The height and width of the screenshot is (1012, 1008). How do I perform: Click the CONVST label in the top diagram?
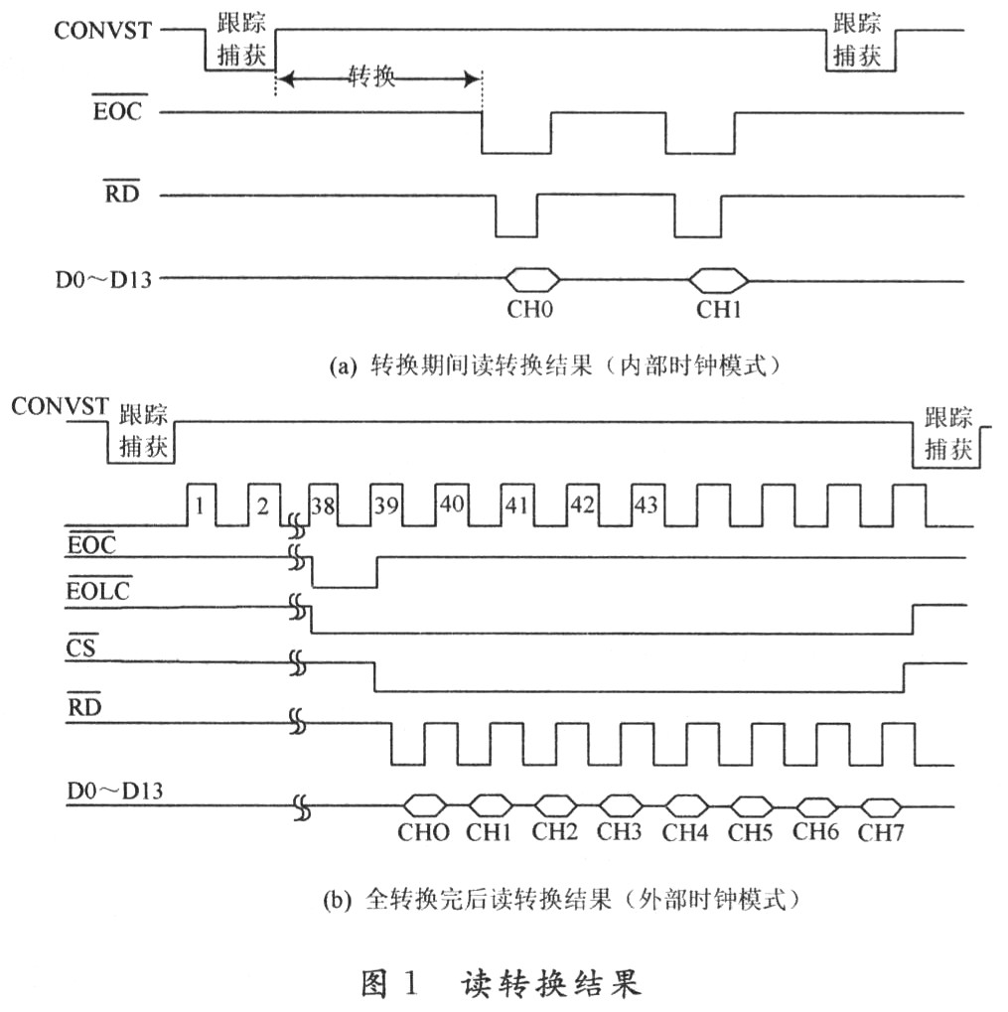click(x=102, y=31)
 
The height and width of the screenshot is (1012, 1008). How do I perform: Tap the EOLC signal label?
click(x=98, y=591)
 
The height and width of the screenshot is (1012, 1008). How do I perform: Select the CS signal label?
click(x=81, y=648)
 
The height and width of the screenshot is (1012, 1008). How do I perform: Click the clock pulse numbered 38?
click(x=323, y=506)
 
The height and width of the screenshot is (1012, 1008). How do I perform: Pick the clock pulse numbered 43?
click(x=647, y=506)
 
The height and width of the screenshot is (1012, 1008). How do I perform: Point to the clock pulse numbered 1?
click(x=201, y=506)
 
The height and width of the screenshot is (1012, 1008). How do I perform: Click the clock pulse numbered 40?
click(x=452, y=506)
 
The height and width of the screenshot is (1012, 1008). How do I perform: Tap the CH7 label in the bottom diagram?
click(x=881, y=832)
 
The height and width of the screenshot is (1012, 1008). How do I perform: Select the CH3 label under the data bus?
click(x=620, y=831)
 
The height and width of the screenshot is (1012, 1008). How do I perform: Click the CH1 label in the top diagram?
click(x=718, y=310)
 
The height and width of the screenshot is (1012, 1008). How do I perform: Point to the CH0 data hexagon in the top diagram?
click(x=532, y=280)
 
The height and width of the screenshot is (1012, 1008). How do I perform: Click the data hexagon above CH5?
click(x=752, y=806)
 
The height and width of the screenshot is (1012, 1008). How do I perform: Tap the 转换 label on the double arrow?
click(x=371, y=76)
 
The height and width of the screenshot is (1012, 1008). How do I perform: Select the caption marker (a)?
click(x=344, y=367)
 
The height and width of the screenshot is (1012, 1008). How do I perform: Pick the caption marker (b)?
click(x=338, y=900)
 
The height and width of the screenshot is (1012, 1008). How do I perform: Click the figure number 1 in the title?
click(x=410, y=983)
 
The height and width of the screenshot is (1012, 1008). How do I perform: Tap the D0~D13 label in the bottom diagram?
click(x=115, y=792)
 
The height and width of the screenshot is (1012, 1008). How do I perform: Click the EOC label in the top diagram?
click(x=117, y=111)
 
